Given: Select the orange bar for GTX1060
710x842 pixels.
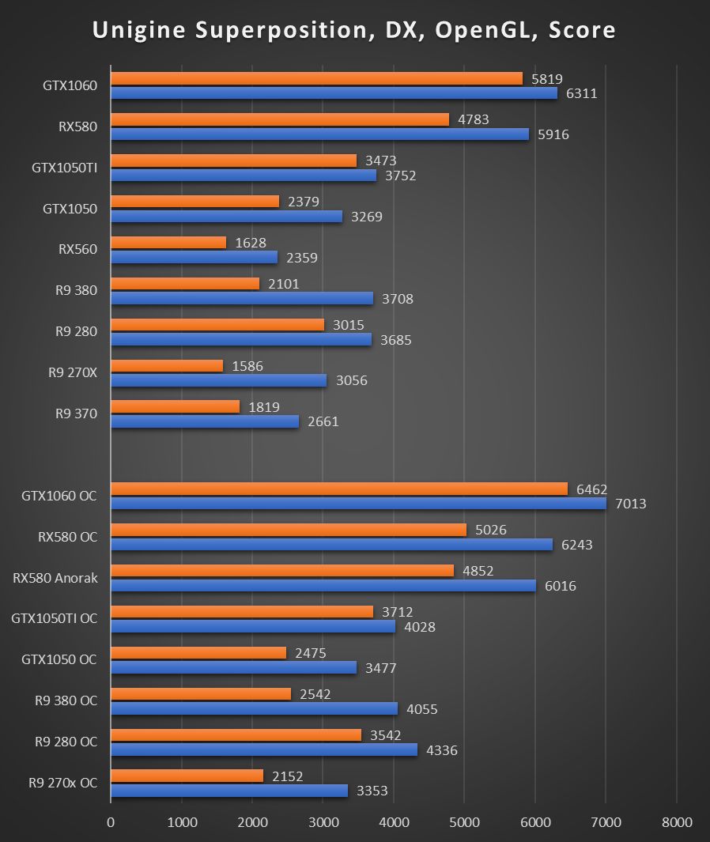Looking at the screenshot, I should (316, 78).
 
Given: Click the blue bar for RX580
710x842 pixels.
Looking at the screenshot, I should (319, 134).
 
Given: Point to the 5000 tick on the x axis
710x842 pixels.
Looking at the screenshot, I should (464, 822).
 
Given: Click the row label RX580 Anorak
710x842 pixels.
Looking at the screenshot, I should (55, 578).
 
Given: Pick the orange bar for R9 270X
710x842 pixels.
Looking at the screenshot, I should (167, 366).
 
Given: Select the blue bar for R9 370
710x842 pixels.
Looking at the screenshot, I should (205, 421).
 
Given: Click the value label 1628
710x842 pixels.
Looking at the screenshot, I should (251, 243).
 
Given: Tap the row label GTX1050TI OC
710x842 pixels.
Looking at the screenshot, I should (55, 619).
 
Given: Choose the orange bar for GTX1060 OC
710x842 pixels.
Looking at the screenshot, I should (339, 489).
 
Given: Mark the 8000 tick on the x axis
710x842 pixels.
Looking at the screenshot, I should (676, 822).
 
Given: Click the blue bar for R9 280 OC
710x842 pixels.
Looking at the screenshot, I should (264, 749).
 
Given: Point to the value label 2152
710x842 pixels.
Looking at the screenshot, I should (287, 777).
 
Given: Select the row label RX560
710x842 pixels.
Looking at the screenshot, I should (77, 250).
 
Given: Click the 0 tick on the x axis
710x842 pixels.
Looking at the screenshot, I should (111, 822).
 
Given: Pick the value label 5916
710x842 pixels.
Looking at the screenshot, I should (553, 134).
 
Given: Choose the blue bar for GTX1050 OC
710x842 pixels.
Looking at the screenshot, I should (233, 667).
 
